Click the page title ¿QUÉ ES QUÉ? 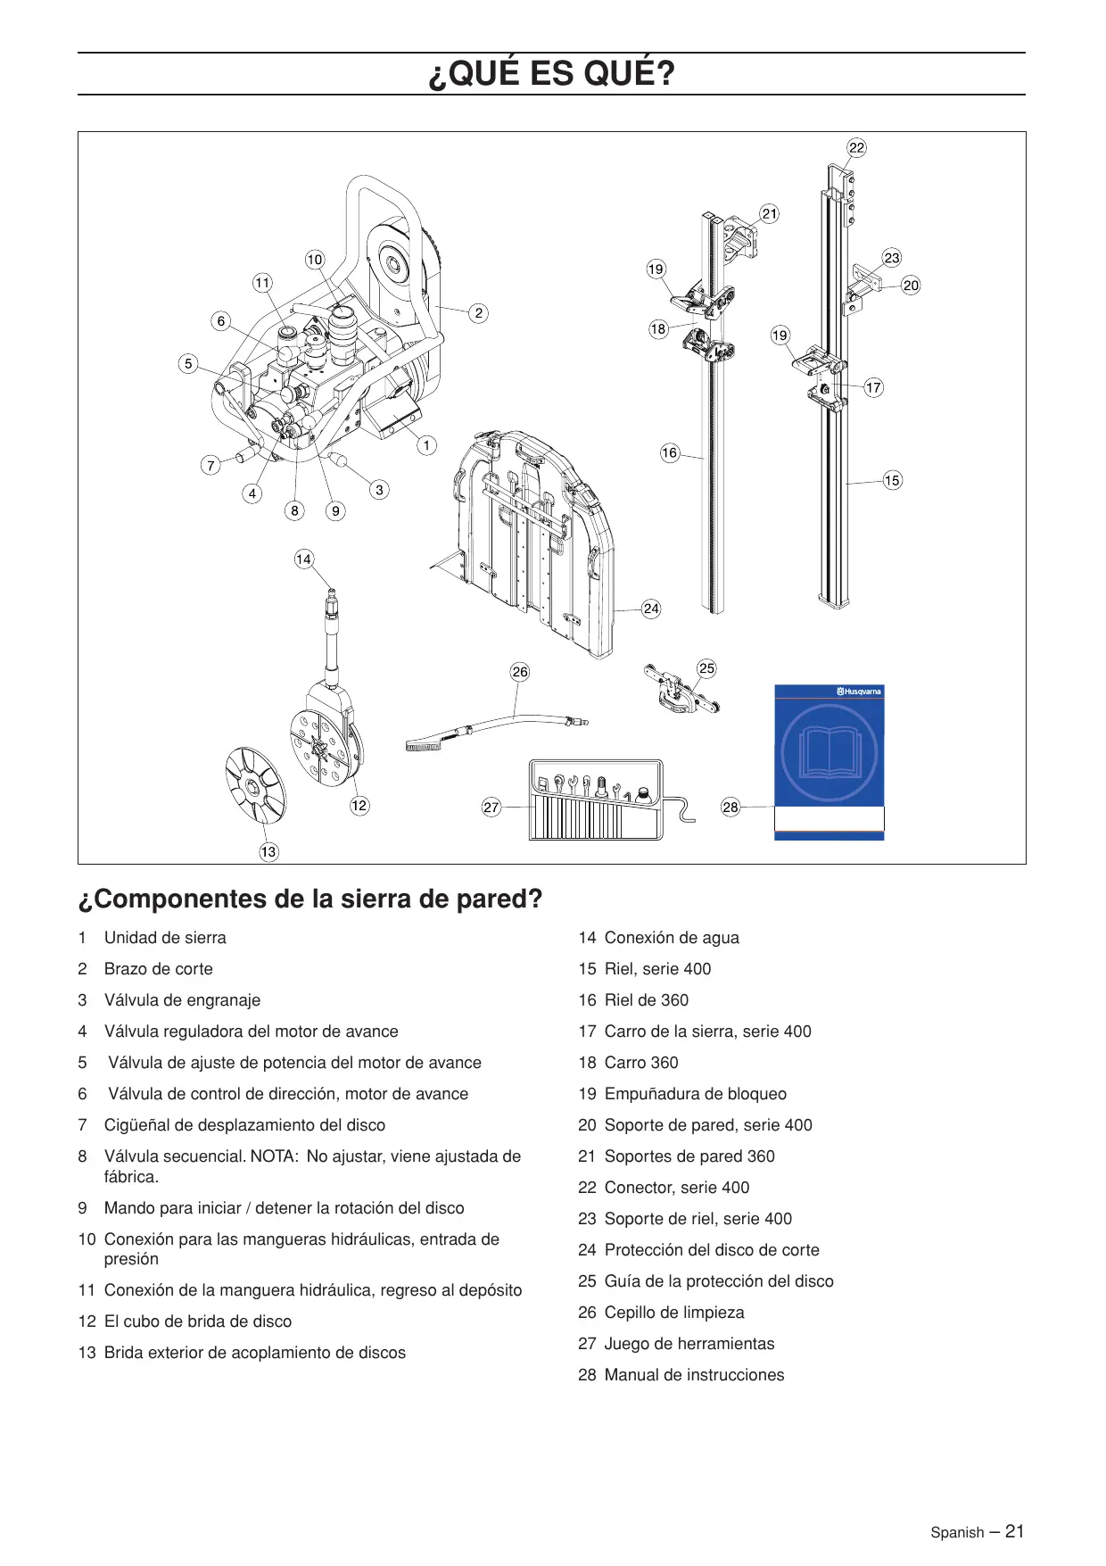(551, 74)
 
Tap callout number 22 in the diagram (856, 148)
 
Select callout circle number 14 (303, 559)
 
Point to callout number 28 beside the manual (730, 808)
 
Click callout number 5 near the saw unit (187, 364)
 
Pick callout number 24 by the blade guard (651, 609)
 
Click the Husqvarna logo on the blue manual (859, 692)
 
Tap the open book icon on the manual (829, 752)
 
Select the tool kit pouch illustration (596, 800)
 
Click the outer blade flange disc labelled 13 (255, 785)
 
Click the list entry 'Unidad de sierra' (165, 938)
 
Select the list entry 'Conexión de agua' (672, 938)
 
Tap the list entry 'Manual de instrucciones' (694, 1375)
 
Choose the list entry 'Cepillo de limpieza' (673, 1313)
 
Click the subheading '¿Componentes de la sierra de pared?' (310, 899)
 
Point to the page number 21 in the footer (1014, 1531)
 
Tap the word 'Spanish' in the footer (957, 1533)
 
